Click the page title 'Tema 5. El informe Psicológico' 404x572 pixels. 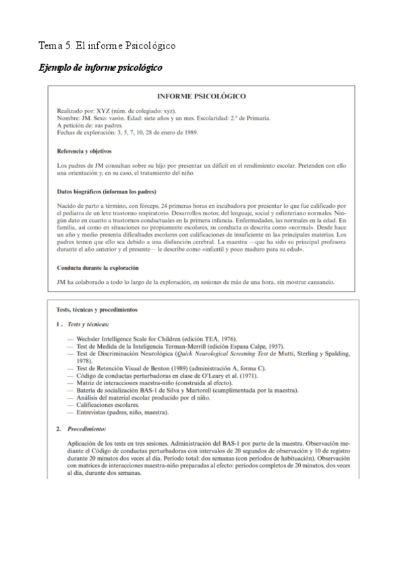[107, 46]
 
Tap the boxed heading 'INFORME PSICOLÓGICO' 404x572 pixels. [201, 96]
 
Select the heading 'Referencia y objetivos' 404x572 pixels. [84, 150]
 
